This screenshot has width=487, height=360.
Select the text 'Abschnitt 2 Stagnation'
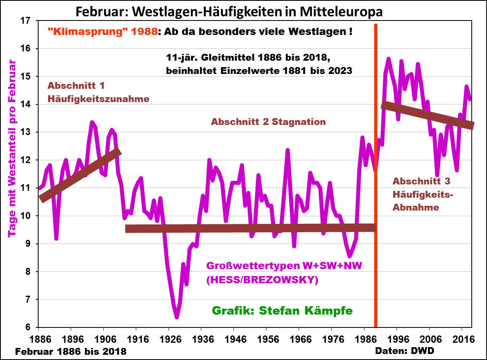coord(268,122)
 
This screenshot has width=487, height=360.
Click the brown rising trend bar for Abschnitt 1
coord(80,175)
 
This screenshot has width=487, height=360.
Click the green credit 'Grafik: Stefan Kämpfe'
coord(282,311)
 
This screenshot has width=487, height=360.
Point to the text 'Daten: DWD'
coord(404,351)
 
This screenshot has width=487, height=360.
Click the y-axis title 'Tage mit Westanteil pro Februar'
coord(12,149)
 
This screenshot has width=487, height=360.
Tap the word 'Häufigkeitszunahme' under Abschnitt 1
coord(98,98)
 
